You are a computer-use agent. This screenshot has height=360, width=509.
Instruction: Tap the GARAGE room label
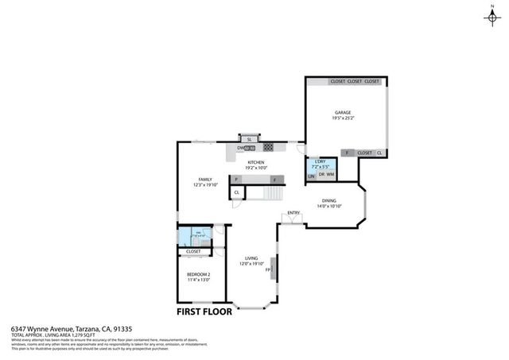[x=343, y=113]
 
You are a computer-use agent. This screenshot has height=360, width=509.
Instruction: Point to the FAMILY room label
[x=205, y=179]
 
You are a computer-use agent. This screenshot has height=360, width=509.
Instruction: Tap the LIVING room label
[x=251, y=258]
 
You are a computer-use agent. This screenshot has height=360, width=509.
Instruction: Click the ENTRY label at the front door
[x=293, y=212]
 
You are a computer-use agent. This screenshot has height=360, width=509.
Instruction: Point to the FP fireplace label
[x=268, y=269]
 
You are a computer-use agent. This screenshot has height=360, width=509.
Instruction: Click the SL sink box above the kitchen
[x=249, y=139]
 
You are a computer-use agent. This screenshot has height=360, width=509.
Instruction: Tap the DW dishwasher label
[x=239, y=148]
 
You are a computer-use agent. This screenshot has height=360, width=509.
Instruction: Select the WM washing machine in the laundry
[x=330, y=175]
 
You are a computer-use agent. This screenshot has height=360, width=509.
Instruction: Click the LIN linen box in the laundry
[x=311, y=175]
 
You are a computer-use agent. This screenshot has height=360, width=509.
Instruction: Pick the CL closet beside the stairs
[x=237, y=193]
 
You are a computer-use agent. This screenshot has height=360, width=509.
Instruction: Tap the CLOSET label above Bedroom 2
[x=193, y=251]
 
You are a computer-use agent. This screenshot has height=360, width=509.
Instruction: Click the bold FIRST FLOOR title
[x=199, y=312]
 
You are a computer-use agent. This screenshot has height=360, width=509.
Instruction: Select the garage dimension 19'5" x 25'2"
[x=343, y=119]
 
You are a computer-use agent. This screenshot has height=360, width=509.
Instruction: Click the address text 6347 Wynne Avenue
[x=41, y=328]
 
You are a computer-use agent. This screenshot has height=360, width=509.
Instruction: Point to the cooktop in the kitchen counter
[x=269, y=148]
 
